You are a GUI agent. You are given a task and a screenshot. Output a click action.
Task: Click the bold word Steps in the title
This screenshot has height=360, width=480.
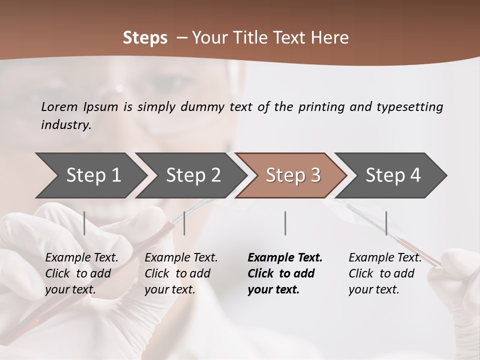(x=145, y=38)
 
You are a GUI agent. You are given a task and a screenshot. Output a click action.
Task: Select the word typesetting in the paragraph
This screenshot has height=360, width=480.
(x=409, y=107)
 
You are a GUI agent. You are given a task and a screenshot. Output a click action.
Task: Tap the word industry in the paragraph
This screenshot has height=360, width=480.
(x=66, y=125)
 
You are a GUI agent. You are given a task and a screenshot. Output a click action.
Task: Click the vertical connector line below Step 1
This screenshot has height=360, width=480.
(x=84, y=223)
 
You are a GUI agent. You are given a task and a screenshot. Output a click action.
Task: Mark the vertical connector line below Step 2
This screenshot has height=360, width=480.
(x=184, y=223)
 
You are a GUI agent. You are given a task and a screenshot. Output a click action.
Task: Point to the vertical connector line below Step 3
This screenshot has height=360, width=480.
(x=285, y=223)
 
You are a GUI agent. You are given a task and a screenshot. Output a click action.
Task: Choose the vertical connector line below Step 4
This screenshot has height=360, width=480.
(x=386, y=223)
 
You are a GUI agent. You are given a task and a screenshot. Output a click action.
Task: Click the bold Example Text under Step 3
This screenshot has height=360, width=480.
(x=285, y=258)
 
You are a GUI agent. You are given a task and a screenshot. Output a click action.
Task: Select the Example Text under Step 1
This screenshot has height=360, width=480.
(x=81, y=258)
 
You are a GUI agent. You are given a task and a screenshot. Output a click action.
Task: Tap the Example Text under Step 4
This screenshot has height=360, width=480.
(x=385, y=258)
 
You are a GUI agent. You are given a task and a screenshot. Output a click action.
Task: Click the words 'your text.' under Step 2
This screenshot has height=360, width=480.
(x=169, y=289)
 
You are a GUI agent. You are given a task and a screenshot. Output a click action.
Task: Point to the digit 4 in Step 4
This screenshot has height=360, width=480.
(x=415, y=175)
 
